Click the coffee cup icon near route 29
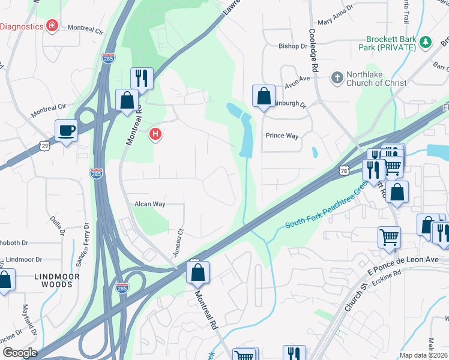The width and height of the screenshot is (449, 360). [x=67, y=130]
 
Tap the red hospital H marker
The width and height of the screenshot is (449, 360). [x=155, y=134]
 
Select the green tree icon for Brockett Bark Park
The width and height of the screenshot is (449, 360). [x=426, y=42]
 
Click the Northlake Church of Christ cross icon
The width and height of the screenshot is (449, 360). [x=337, y=77]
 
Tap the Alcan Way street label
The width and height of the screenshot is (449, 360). [x=149, y=204]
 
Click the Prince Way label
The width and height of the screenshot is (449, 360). [x=282, y=136]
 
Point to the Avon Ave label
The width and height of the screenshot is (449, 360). [x=297, y=78]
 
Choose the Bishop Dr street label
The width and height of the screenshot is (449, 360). [x=292, y=46]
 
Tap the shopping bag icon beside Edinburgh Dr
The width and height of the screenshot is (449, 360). [x=264, y=96]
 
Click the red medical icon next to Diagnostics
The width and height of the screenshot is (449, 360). [x=53, y=26]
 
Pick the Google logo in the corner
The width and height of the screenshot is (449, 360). [x=19, y=353]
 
